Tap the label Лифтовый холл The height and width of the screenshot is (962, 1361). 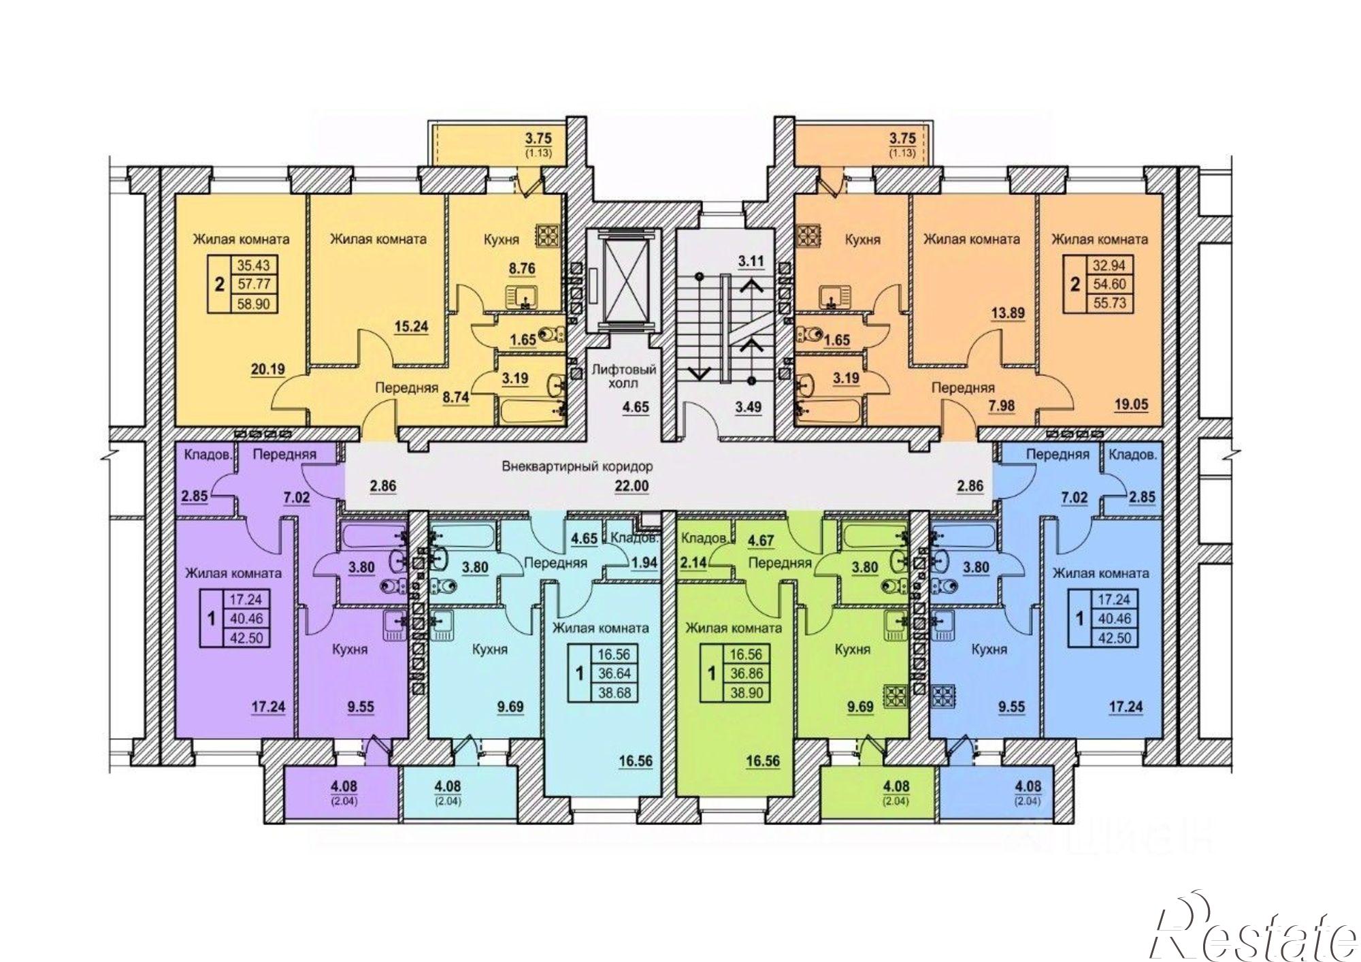(624, 376)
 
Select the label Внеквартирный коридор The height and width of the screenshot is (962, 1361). (577, 467)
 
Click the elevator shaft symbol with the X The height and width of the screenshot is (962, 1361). (624, 280)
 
